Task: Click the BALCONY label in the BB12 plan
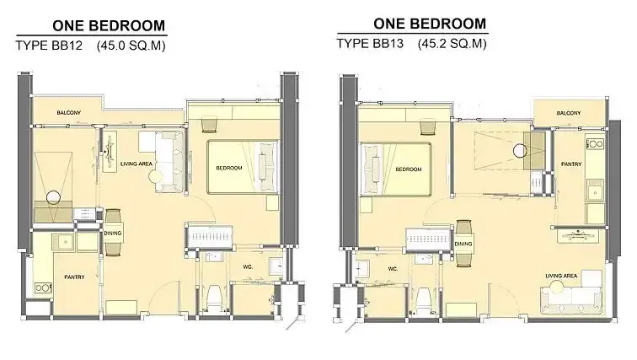[x=68, y=112]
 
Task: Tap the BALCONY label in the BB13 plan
[x=569, y=113]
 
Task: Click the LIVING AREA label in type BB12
[x=136, y=164]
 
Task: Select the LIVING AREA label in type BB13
[x=561, y=276]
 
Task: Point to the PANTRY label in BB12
[x=74, y=277]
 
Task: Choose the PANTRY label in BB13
[x=571, y=164]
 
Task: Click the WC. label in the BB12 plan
[x=248, y=267]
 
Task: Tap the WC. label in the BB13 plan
[x=393, y=269]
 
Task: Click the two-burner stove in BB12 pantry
[x=43, y=287]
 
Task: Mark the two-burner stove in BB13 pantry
[x=595, y=144]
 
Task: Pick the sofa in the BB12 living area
[x=170, y=161]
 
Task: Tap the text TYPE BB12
[x=49, y=45]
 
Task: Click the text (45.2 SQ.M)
[x=452, y=44]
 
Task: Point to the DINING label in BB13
[x=463, y=244]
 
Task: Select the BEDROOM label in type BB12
[x=229, y=168]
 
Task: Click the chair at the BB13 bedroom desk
[x=428, y=126]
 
